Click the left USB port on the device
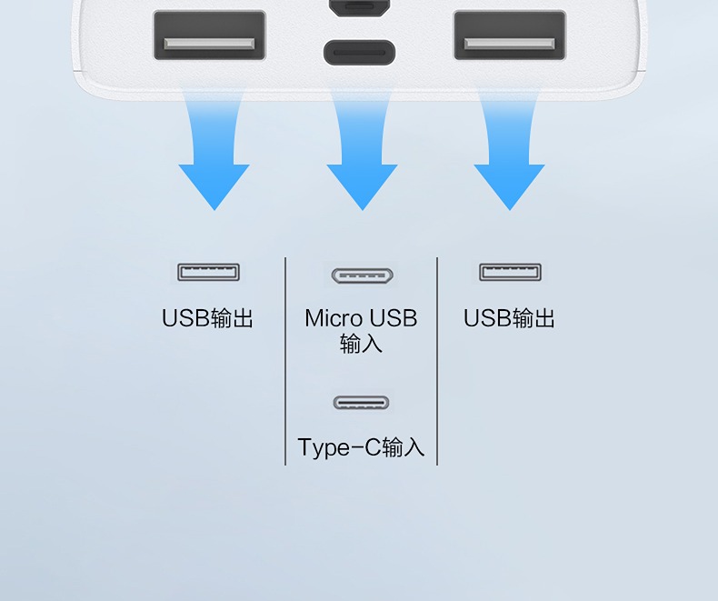pos(209,36)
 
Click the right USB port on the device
pos(510,36)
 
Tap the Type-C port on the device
pos(360,52)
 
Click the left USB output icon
pos(209,272)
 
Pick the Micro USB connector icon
pos(361,275)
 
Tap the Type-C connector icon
pos(361,403)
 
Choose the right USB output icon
pos(510,272)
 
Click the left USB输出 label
pos(207,318)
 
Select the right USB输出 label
pos(509,318)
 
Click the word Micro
pos(333,318)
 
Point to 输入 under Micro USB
pos(361,344)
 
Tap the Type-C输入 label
pos(361,447)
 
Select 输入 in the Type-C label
pos(404,447)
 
